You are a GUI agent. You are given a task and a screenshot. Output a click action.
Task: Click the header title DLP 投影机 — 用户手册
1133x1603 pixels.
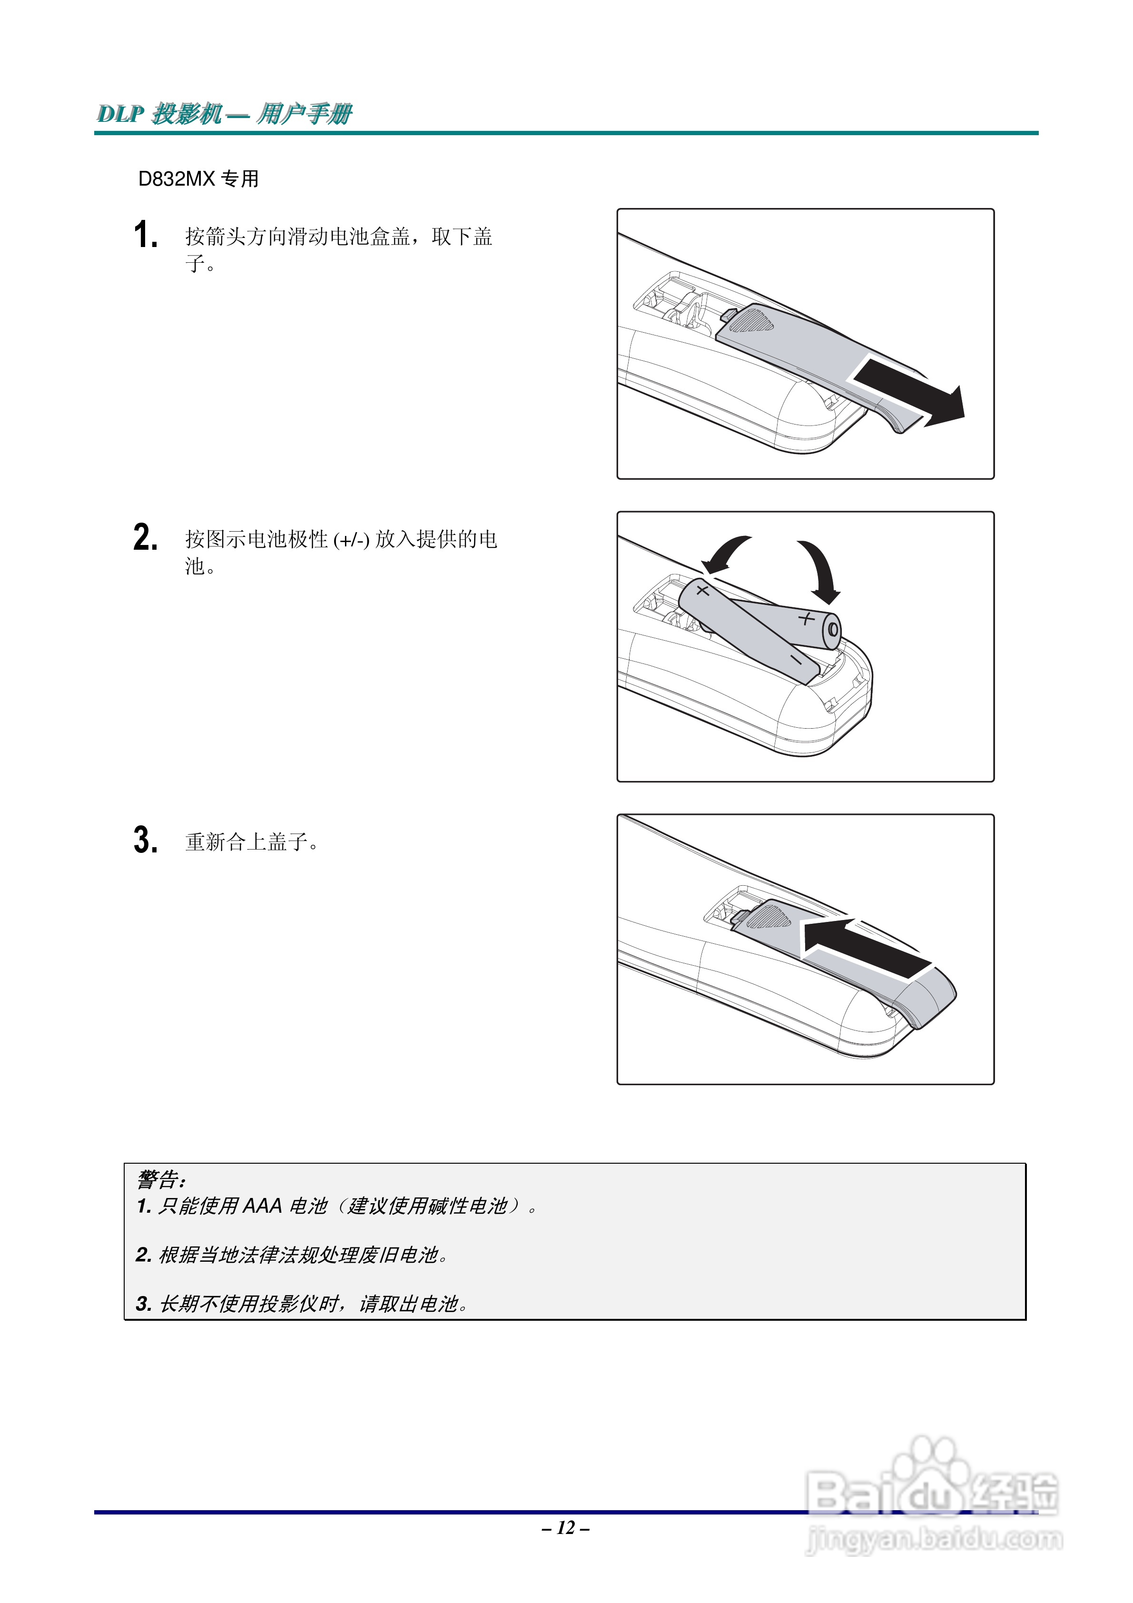point(224,113)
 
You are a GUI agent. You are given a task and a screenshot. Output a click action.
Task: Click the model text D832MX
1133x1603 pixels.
point(177,179)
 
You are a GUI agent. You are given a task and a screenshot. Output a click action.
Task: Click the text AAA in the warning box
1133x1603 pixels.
point(262,1206)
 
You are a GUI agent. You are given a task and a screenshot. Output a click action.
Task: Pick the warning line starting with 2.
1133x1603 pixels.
point(292,1255)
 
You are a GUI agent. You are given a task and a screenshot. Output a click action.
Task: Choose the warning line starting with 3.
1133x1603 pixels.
point(302,1304)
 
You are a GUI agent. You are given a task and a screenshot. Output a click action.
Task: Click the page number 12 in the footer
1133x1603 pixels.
point(566,1528)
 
